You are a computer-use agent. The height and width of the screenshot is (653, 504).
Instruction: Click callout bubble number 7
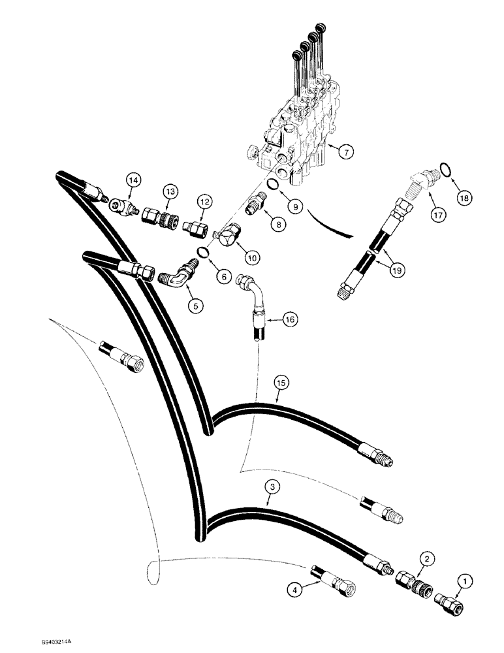347,151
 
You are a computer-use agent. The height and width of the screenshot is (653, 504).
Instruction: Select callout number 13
170,190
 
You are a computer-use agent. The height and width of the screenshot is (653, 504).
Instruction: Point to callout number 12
204,202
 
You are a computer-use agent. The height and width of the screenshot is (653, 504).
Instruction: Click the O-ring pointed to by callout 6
203,252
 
